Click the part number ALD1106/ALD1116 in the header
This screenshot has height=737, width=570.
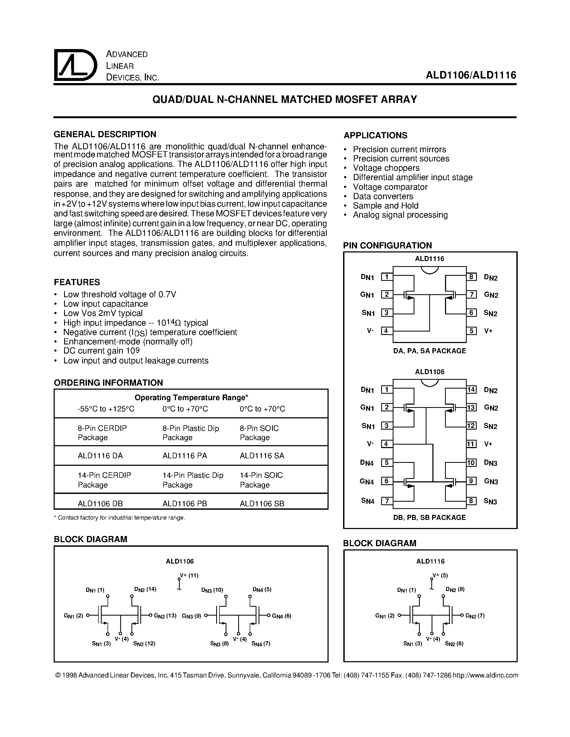[x=471, y=75]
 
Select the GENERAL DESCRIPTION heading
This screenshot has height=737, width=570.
[x=105, y=134]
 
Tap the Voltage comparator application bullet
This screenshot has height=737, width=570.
[x=390, y=187]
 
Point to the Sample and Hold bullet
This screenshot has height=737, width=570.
[x=386, y=206]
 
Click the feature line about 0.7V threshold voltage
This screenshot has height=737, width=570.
[x=120, y=294]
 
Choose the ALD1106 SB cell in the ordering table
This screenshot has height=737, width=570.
[x=262, y=504]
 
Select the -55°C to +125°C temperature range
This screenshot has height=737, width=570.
[x=106, y=409]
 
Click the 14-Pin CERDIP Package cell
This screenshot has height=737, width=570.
[x=104, y=480]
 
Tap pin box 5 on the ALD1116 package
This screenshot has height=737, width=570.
[x=471, y=331]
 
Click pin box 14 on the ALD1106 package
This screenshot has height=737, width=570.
[x=471, y=390]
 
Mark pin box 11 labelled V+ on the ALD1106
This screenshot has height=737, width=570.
[x=471, y=444]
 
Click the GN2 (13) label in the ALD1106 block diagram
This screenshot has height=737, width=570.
[x=165, y=616]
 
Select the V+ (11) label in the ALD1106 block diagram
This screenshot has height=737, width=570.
[x=189, y=575]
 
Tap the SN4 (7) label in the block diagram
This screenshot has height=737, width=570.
[x=261, y=643]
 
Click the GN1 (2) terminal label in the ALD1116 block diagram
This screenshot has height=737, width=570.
[x=385, y=616]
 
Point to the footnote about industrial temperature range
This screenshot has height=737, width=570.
[x=120, y=518]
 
